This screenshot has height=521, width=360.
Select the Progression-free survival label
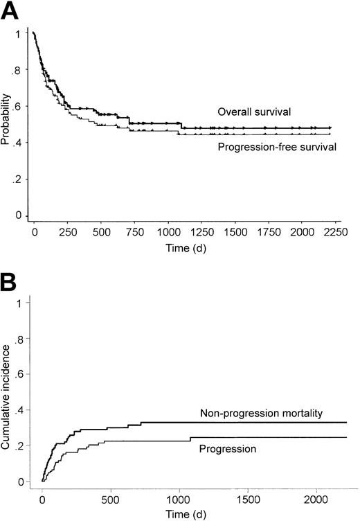(x=267, y=147)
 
